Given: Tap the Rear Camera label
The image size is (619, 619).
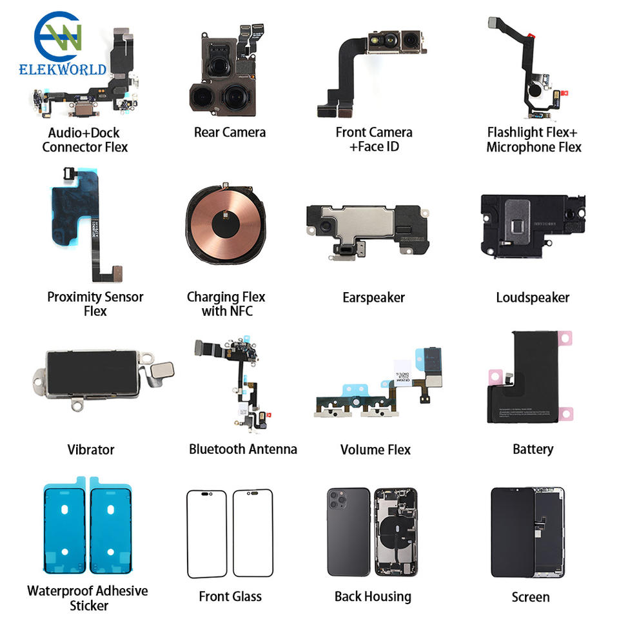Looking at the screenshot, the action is click(x=230, y=132).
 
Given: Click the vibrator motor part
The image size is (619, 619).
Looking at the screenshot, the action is click(x=90, y=374).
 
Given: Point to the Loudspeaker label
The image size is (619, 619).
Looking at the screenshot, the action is click(x=533, y=297).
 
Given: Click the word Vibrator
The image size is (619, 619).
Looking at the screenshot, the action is click(x=90, y=449).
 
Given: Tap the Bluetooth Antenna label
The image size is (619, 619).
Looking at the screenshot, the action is click(x=243, y=449).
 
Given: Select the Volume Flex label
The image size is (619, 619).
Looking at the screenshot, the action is click(x=375, y=449).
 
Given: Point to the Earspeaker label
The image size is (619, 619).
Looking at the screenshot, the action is click(x=373, y=297).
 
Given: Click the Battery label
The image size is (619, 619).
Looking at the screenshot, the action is click(x=533, y=449).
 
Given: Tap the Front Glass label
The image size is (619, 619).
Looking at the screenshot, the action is click(x=230, y=596).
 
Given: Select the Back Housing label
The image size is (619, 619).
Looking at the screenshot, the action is click(x=373, y=596).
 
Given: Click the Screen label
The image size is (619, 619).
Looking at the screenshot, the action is click(x=531, y=597).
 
